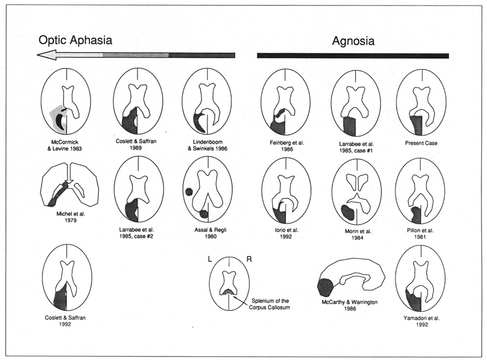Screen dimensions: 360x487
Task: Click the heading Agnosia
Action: coord(353,41)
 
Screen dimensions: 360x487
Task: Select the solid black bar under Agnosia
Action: coord(353,55)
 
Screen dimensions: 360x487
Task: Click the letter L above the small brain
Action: coord(210,259)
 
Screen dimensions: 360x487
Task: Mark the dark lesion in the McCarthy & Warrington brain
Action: coord(325,287)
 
